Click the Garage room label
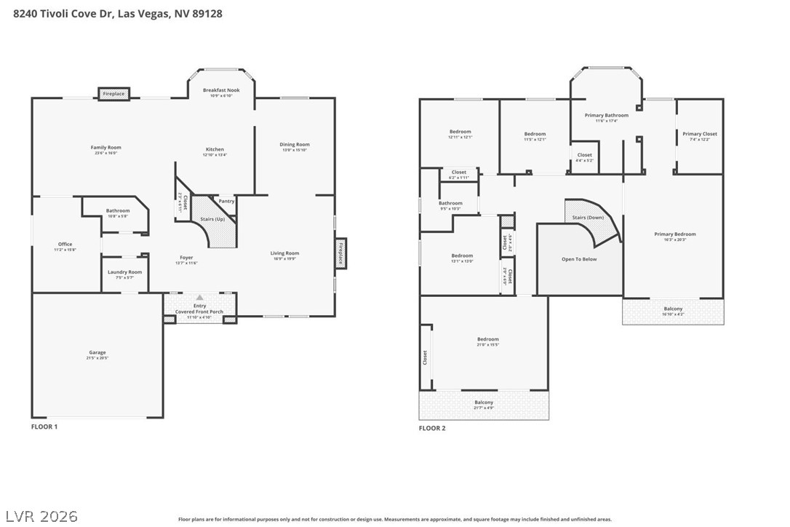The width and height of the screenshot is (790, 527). pyautogui.click(x=97, y=353)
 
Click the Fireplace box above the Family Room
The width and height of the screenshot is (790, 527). pyautogui.click(x=113, y=94)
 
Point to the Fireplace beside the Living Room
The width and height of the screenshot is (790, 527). pyautogui.click(x=340, y=253)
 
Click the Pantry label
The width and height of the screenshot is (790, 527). pyautogui.click(x=226, y=201)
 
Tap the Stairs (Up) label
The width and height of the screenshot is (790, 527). pyautogui.click(x=212, y=218)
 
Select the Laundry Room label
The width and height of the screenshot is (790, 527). pyautogui.click(x=124, y=272)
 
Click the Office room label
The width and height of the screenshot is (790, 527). pyautogui.click(x=65, y=245)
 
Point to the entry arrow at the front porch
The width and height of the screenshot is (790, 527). pyautogui.click(x=199, y=298)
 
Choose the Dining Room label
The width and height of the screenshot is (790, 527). pyautogui.click(x=295, y=144)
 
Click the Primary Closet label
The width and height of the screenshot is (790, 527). pyautogui.click(x=699, y=134)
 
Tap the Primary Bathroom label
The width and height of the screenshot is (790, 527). pyautogui.click(x=606, y=115)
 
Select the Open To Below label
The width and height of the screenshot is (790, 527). pyautogui.click(x=579, y=259)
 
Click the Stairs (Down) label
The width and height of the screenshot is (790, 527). pyautogui.click(x=588, y=218)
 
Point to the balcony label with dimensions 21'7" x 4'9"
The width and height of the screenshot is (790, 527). pyautogui.click(x=484, y=403)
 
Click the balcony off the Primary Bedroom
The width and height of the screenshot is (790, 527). pyautogui.click(x=673, y=309)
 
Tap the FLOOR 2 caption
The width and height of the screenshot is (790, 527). pyautogui.click(x=432, y=428)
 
